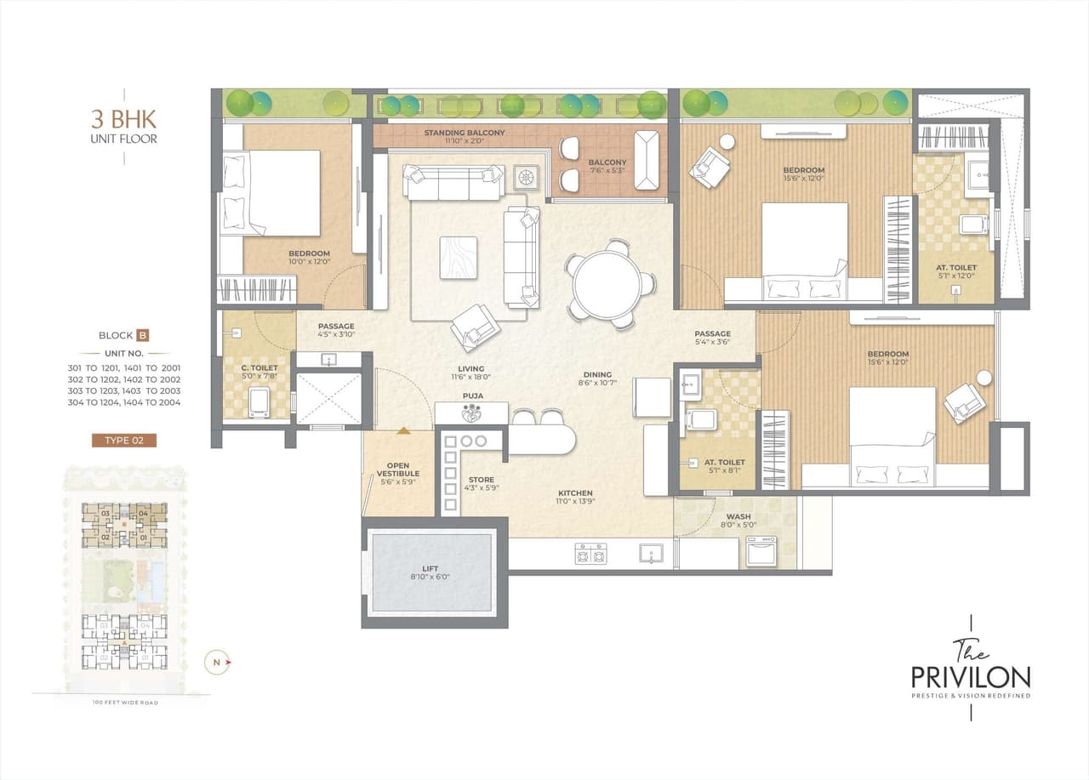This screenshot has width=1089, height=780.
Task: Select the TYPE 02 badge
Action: [124, 440]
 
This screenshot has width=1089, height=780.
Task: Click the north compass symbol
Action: [218, 662]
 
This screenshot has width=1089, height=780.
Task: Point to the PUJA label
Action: [473, 396]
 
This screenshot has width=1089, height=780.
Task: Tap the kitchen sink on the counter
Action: [651, 553]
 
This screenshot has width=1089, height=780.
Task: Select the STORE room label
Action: [481, 480]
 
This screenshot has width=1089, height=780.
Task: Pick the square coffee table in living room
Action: [459, 257]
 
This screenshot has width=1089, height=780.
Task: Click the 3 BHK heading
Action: [124, 118]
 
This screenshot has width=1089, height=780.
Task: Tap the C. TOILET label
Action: [259, 368]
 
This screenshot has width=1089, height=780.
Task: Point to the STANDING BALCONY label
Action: [465, 133]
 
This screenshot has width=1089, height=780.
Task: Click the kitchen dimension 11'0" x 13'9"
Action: [575, 503]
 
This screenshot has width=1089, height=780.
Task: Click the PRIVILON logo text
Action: [971, 677]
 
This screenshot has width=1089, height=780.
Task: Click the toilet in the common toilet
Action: [259, 402]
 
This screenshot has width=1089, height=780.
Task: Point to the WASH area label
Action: [738, 516]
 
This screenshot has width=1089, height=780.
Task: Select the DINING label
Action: [597, 374]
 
